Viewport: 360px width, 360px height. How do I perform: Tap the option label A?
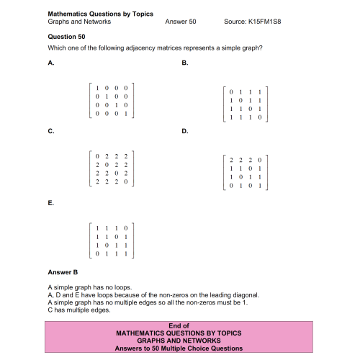pyautogui.click(x=50, y=63)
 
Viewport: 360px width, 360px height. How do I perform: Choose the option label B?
pyautogui.click(x=185, y=63)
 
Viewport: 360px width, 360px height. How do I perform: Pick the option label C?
pyautogui.click(x=50, y=131)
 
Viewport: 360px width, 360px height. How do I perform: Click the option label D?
pyautogui.click(x=185, y=131)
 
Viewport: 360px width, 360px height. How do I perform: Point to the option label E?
pyautogui.click(x=50, y=203)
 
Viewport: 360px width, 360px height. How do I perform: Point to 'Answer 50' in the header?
pyautogui.click(x=180, y=22)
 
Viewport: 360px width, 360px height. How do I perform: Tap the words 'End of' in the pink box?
pyautogui.click(x=177, y=325)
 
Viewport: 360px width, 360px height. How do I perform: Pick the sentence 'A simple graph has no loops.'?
pyautogui.click(x=89, y=287)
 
